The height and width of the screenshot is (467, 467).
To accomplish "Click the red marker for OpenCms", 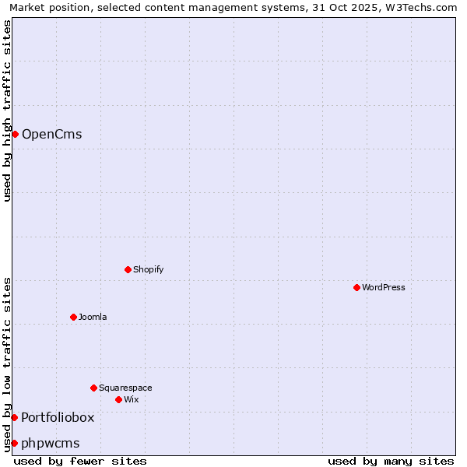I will pyautogui.click(x=15, y=134).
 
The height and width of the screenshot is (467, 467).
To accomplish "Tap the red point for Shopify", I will pyautogui.click(x=128, y=269).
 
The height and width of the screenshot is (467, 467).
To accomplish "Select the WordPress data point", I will pyautogui.click(x=356, y=287).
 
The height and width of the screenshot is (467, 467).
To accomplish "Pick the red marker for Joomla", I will pyautogui.click(x=73, y=317).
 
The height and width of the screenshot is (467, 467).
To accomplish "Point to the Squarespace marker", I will pyautogui.click(x=93, y=388).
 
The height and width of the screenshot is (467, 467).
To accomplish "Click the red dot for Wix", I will pyautogui.click(x=118, y=399).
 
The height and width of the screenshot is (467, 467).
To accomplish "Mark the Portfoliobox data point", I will pyautogui.click(x=14, y=418).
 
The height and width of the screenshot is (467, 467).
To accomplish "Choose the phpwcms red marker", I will pyautogui.click(x=14, y=443).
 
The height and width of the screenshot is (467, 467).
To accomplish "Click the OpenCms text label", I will pyautogui.click(x=51, y=135).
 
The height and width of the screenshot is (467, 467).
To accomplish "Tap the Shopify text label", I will pyautogui.click(x=148, y=269).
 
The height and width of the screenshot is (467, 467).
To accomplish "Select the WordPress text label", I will pyautogui.click(x=383, y=287).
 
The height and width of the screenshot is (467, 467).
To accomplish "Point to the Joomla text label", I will pyautogui.click(x=93, y=317).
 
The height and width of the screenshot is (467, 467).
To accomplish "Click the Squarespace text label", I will pyautogui.click(x=125, y=388).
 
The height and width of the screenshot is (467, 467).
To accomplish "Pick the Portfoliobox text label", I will pyautogui.click(x=58, y=418).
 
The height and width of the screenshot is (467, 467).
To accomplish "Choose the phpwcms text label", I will pyautogui.click(x=51, y=444).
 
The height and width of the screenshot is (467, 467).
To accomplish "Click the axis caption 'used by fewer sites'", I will pyautogui.click(x=80, y=461).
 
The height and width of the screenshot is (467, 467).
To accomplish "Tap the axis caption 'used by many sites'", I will pyautogui.click(x=391, y=461).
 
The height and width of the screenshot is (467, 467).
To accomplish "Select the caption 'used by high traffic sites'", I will pyautogui.click(x=7, y=111).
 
